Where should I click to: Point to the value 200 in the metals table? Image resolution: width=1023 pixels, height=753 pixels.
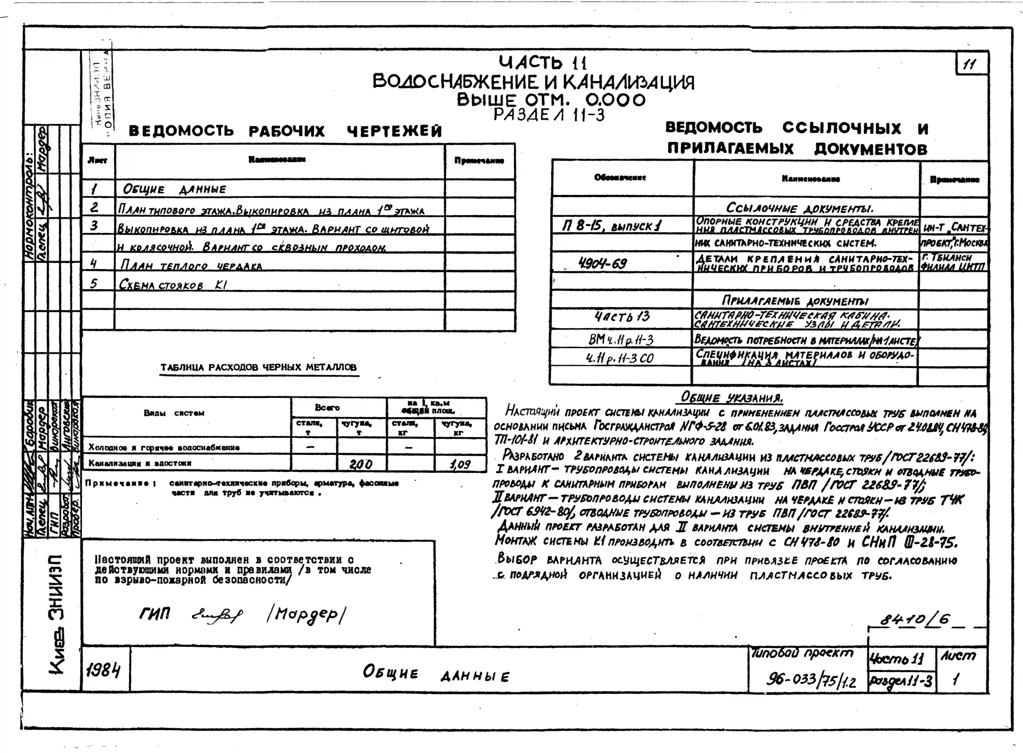361,464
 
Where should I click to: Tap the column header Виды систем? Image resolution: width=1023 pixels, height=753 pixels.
174,413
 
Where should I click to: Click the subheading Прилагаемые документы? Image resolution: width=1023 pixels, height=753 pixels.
795,300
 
